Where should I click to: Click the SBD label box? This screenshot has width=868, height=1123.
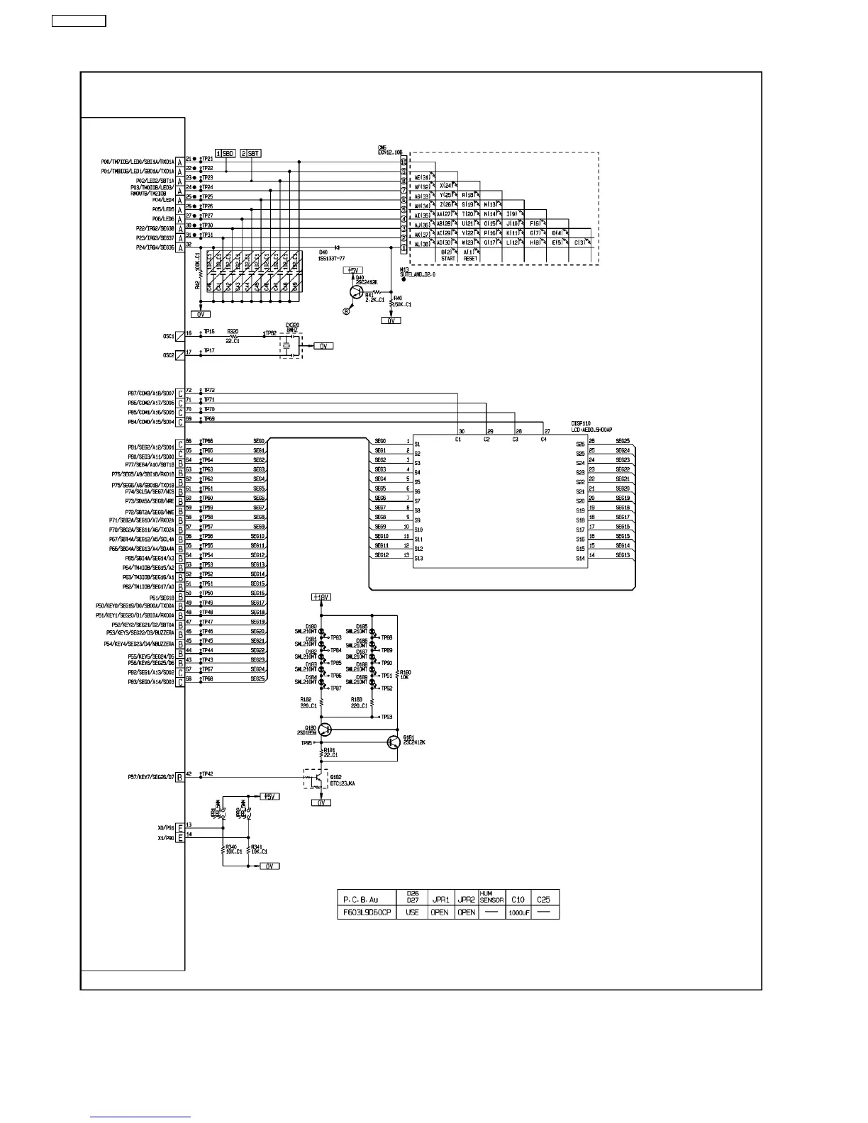tap(228, 153)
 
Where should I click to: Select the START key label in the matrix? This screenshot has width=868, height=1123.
tap(448, 259)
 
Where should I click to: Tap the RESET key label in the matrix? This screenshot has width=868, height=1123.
tap(469, 259)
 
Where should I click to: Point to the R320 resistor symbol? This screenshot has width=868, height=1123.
tap(233, 335)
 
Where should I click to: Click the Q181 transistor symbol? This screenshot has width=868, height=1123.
tap(394, 742)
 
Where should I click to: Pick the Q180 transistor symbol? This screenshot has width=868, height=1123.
tap(325, 730)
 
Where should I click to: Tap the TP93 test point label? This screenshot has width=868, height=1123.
tap(386, 717)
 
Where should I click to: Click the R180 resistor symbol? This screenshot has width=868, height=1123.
tap(397, 674)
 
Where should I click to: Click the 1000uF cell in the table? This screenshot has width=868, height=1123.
tap(518, 913)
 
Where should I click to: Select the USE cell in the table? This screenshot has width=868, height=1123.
tap(412, 912)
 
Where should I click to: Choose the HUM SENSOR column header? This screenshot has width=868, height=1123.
tap(491, 897)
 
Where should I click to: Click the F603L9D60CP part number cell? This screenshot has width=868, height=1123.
tap(366, 912)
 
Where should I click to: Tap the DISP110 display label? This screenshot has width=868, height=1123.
tap(581, 423)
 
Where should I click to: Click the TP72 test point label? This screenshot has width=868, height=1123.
tap(209, 391)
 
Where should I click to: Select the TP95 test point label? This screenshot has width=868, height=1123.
tap(306, 743)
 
